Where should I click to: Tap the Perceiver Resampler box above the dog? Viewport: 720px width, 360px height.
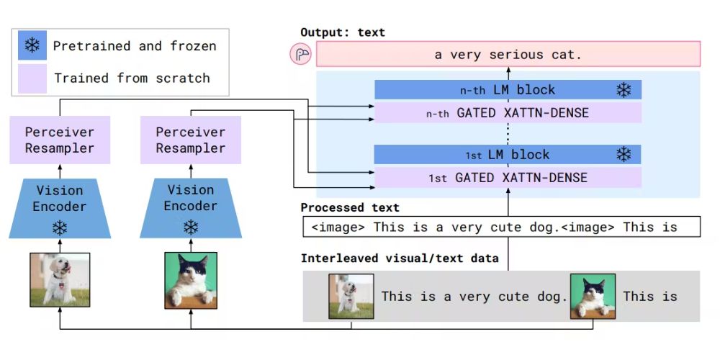pos(59,140)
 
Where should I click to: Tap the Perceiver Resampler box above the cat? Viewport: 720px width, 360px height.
pos(190,140)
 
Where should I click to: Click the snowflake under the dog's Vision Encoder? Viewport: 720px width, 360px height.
pos(59,228)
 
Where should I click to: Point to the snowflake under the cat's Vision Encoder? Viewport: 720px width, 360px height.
pos(190,228)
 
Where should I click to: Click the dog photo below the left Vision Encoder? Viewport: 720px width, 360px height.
pos(60,280)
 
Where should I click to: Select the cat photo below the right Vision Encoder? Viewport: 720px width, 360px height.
pos(191,280)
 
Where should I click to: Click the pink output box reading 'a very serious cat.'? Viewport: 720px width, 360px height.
pos(508,55)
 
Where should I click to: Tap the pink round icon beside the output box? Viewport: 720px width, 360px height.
pos(301,55)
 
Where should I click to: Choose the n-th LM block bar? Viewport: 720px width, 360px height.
pos(508,90)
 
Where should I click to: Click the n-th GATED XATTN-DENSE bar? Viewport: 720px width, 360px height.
pos(508,112)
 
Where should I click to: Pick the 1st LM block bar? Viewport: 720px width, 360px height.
pos(508,155)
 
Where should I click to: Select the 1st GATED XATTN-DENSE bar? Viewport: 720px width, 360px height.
pos(508,177)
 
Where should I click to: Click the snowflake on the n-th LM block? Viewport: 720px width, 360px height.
pos(624,90)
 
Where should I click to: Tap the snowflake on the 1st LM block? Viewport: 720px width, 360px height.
pos(624,155)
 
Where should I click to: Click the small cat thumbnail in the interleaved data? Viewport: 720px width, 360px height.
pos(593,296)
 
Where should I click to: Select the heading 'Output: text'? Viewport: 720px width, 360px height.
pos(343,32)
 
